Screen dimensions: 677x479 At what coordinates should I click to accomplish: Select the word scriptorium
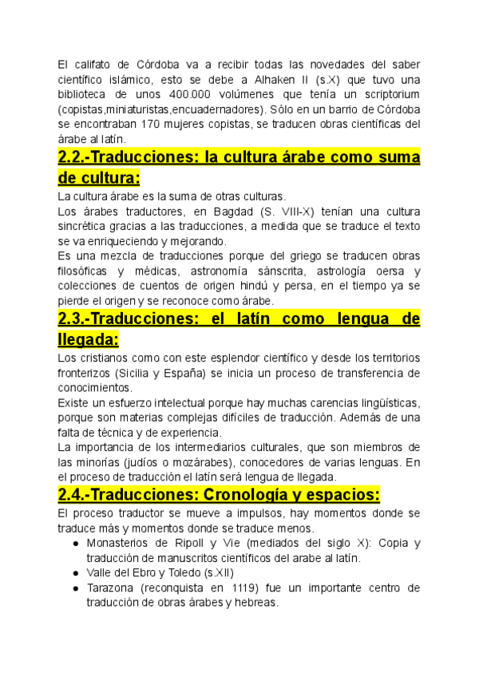(x=388, y=94)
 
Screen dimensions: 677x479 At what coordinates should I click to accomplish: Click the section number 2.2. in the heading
(x=77, y=157)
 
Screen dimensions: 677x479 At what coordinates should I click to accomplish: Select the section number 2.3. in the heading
(x=77, y=319)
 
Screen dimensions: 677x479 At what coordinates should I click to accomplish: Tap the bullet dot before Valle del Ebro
(x=75, y=573)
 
